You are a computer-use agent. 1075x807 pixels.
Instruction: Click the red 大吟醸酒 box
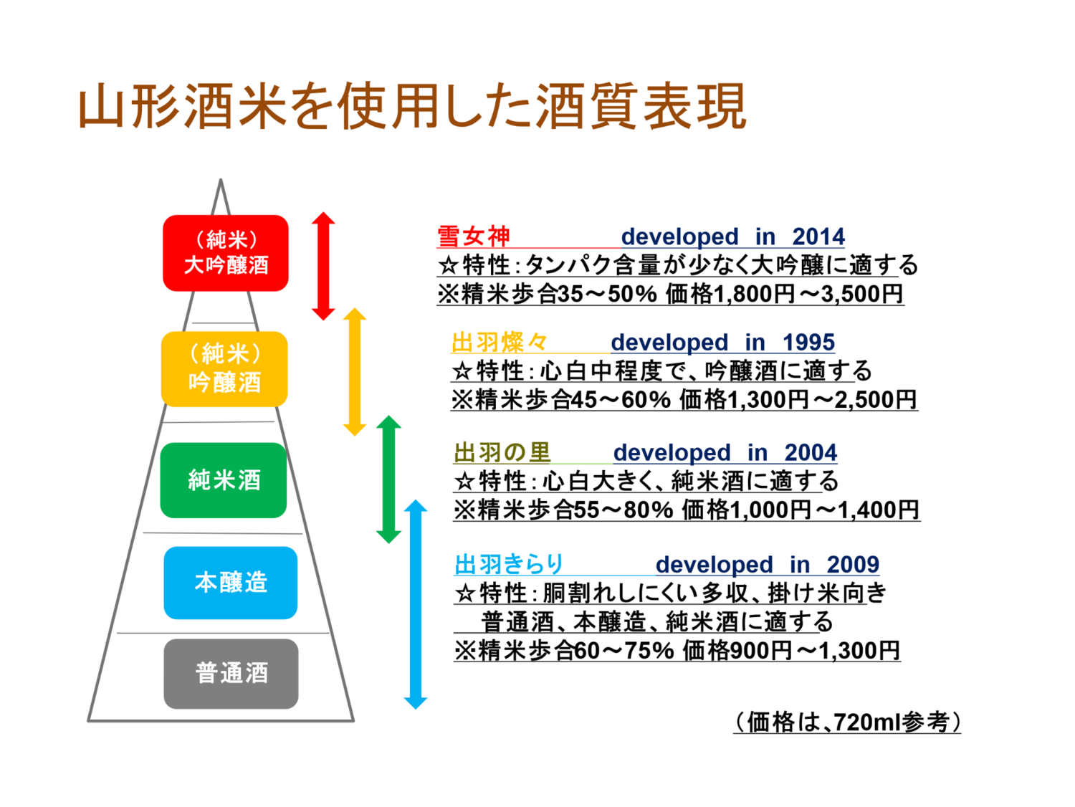226,253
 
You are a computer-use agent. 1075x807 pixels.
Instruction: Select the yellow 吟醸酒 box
224,369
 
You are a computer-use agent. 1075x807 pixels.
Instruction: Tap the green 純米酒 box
224,480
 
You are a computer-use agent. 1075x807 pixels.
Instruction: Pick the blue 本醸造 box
230,583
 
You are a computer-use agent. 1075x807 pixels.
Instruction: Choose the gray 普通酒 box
231,674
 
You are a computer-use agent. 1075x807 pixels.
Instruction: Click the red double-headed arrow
323,266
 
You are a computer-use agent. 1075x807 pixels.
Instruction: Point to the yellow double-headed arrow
355,372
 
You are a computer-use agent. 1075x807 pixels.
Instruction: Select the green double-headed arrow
388,479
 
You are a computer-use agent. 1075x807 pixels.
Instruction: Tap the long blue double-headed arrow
416,604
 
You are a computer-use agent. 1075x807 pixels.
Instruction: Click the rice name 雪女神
474,236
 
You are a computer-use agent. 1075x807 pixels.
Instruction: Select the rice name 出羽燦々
500,343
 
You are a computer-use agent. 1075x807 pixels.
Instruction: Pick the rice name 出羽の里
502,453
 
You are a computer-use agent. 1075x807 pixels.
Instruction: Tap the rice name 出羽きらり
510,565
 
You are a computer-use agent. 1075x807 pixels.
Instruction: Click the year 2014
818,236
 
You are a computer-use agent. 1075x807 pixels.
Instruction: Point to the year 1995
808,343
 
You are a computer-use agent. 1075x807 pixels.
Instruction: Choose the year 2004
811,453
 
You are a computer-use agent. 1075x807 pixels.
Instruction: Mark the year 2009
853,565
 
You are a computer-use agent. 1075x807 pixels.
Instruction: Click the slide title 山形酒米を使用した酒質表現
412,107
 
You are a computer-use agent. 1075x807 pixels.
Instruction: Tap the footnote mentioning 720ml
847,722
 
